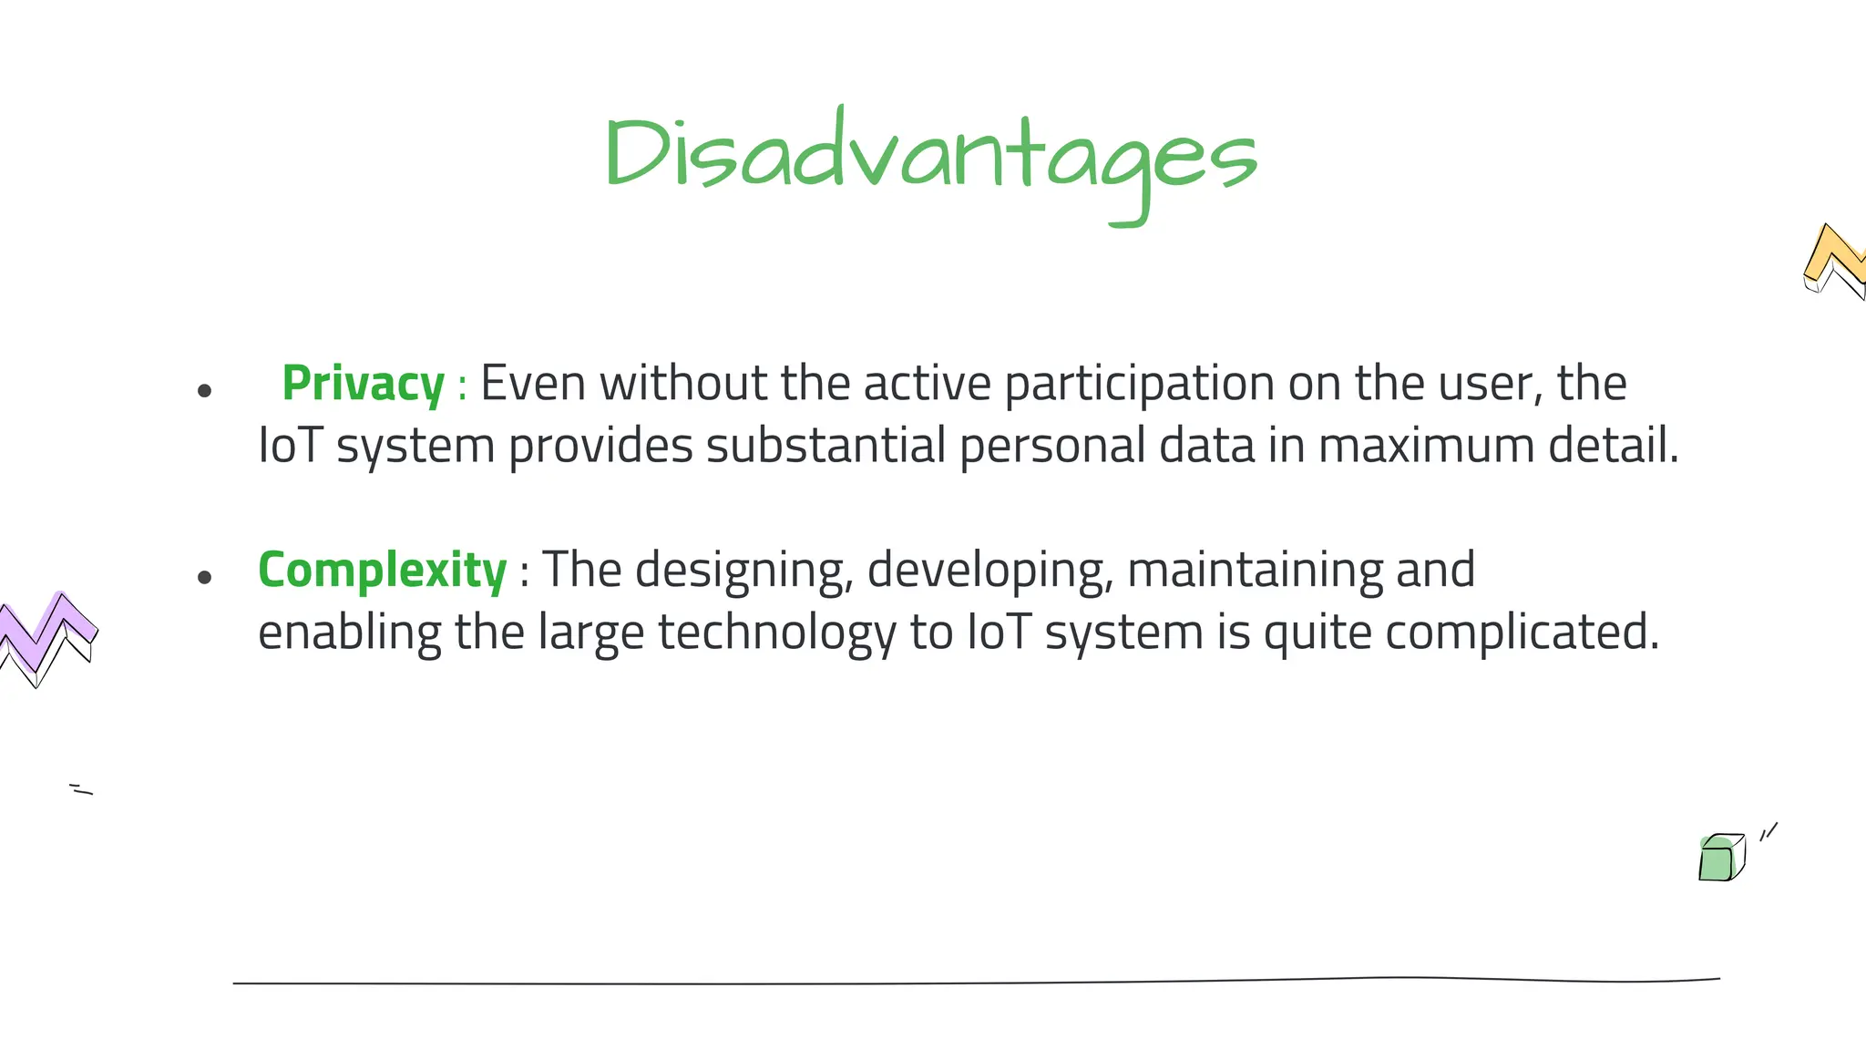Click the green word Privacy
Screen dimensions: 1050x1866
363,383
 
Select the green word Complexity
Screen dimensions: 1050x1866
382,571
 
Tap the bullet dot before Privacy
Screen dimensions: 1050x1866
204,391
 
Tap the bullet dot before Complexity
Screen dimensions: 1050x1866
204,577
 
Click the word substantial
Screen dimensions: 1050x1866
825,446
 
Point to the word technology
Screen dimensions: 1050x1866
777,633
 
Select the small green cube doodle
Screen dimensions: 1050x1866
1720,858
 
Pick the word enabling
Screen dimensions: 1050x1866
349,633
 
